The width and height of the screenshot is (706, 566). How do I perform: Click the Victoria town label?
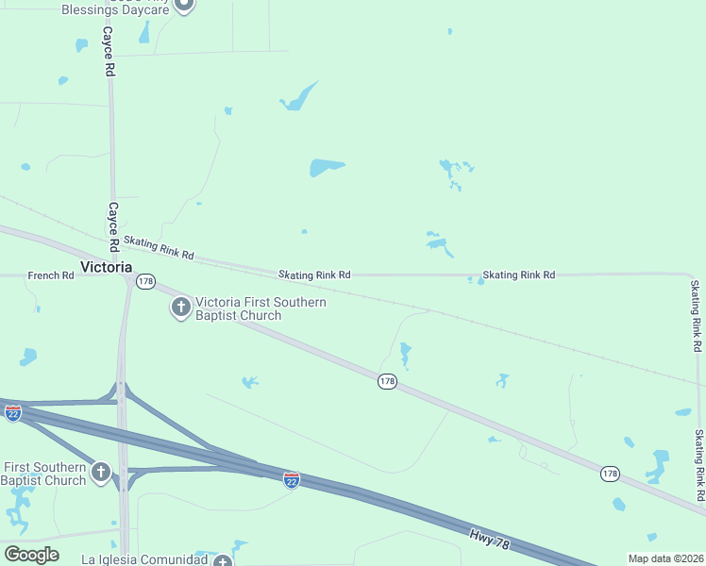(106, 267)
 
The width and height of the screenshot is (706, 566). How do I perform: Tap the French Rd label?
(51, 275)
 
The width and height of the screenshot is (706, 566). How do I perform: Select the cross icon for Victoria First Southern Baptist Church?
(181, 308)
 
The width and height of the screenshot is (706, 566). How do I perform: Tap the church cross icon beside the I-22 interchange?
(102, 471)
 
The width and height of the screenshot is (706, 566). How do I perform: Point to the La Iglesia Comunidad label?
(143, 559)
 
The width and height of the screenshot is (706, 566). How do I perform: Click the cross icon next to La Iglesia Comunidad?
(223, 560)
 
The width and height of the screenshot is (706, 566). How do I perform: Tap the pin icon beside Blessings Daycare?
(184, 5)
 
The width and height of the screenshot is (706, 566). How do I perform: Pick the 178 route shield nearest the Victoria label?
(145, 282)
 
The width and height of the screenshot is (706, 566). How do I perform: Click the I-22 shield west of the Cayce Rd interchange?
(12, 413)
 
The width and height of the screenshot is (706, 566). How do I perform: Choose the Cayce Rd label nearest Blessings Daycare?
(109, 52)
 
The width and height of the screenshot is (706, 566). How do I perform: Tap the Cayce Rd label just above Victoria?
(112, 226)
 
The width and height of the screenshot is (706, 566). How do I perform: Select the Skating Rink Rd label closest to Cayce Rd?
(159, 248)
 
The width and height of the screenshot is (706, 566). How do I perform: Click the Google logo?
(32, 555)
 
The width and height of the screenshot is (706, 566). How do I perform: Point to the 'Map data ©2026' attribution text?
(664, 558)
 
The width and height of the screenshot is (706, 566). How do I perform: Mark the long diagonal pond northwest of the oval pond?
(300, 98)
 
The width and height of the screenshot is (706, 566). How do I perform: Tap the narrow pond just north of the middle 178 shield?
(405, 355)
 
